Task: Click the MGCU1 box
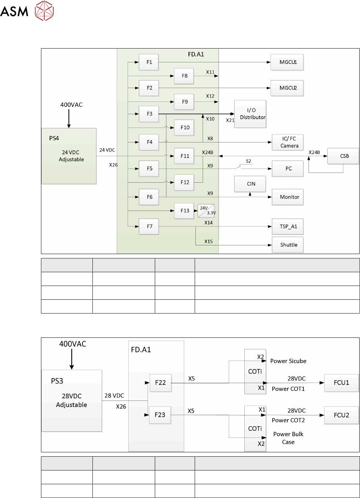(287, 62)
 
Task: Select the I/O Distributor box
(250, 114)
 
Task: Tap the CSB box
(343, 156)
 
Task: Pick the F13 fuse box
(184, 211)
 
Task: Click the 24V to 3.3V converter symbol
(206, 211)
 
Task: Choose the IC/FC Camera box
(287, 142)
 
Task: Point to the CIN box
(250, 184)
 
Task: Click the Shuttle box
(287, 245)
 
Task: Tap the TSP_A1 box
(287, 227)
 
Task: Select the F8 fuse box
(184, 76)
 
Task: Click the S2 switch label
(248, 161)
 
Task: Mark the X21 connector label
(230, 120)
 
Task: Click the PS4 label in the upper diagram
(54, 138)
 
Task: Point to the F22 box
(161, 383)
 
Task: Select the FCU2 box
(341, 415)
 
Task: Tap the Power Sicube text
(288, 361)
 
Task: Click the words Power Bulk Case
(288, 438)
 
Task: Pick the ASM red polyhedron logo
(44, 11)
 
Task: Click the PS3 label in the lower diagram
(57, 381)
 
